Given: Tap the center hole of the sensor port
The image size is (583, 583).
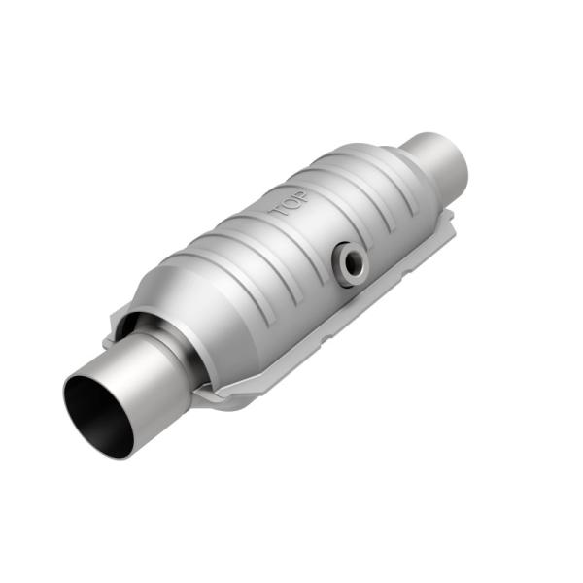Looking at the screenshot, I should click(351, 260).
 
